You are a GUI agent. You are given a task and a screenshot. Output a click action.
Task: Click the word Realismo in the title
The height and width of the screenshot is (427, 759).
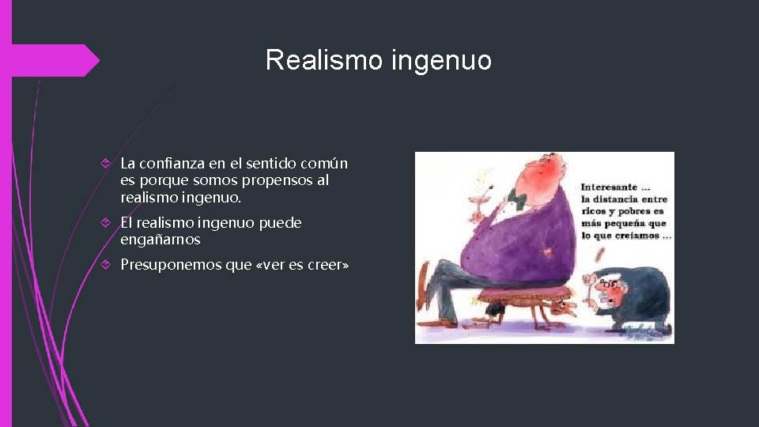pos(322,60)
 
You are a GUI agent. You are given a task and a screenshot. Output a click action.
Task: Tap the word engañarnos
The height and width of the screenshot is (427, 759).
pos(160,240)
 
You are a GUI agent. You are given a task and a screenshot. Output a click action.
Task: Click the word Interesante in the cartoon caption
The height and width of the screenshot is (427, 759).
pos(609,187)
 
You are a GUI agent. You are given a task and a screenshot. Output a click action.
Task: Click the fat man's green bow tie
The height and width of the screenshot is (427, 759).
pos(518,195)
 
